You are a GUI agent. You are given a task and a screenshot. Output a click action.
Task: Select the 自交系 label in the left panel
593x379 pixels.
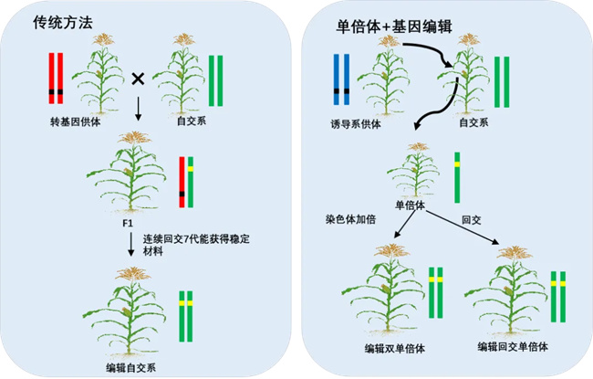click(185, 121)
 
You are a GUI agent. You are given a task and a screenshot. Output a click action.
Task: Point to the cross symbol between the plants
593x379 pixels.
click(138, 79)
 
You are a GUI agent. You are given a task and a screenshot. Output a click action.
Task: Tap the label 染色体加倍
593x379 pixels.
click(350, 220)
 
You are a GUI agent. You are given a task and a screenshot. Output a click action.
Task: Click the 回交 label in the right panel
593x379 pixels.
click(471, 220)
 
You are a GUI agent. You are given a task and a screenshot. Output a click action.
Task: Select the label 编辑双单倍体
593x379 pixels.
click(395, 348)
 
